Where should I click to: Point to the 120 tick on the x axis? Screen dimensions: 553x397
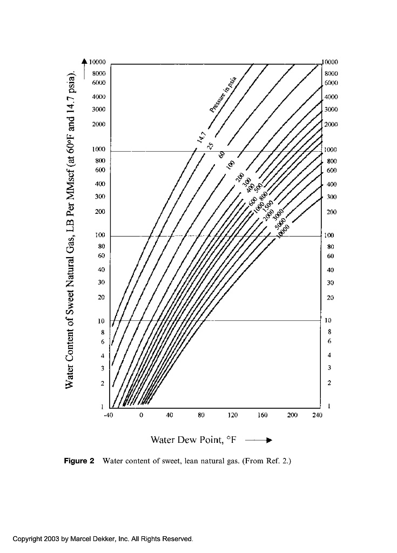[x=232, y=415]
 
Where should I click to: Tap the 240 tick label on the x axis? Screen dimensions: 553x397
[x=317, y=415]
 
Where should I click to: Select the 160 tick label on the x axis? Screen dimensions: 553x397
[x=263, y=415]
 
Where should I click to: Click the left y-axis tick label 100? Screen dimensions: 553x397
[x=99, y=235]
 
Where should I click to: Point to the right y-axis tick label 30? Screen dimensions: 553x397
[x=330, y=282]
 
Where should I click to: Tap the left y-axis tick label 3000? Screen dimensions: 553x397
[x=98, y=110]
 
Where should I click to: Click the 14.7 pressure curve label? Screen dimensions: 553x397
[x=200, y=134]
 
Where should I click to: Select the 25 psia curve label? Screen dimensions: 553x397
[x=211, y=144]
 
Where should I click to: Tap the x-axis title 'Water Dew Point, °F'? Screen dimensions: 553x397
[x=194, y=440]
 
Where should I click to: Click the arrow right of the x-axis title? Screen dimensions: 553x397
[x=258, y=440]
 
